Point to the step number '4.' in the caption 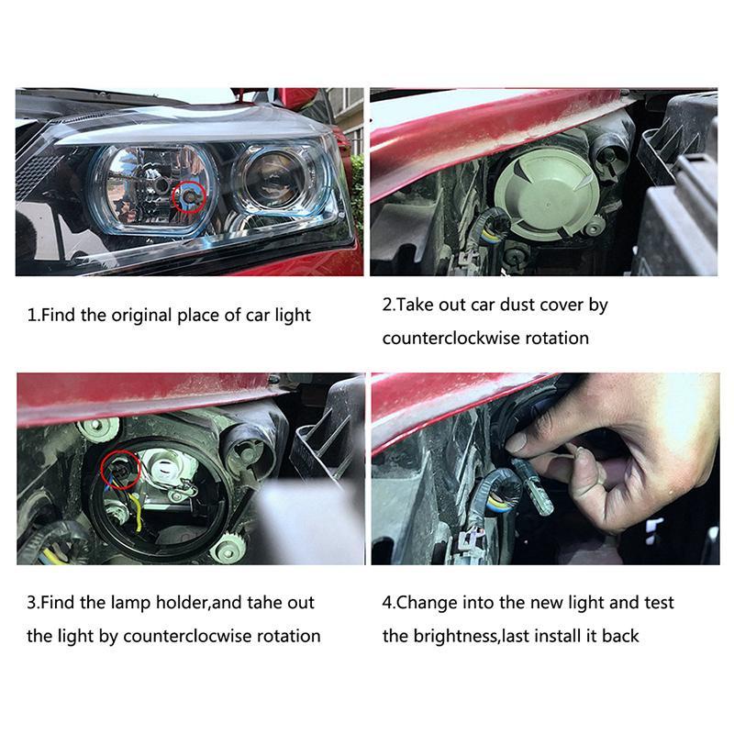coord(389,603)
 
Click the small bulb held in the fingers coord(533,487)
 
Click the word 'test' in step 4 coord(659,603)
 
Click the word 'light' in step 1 coord(293,316)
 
